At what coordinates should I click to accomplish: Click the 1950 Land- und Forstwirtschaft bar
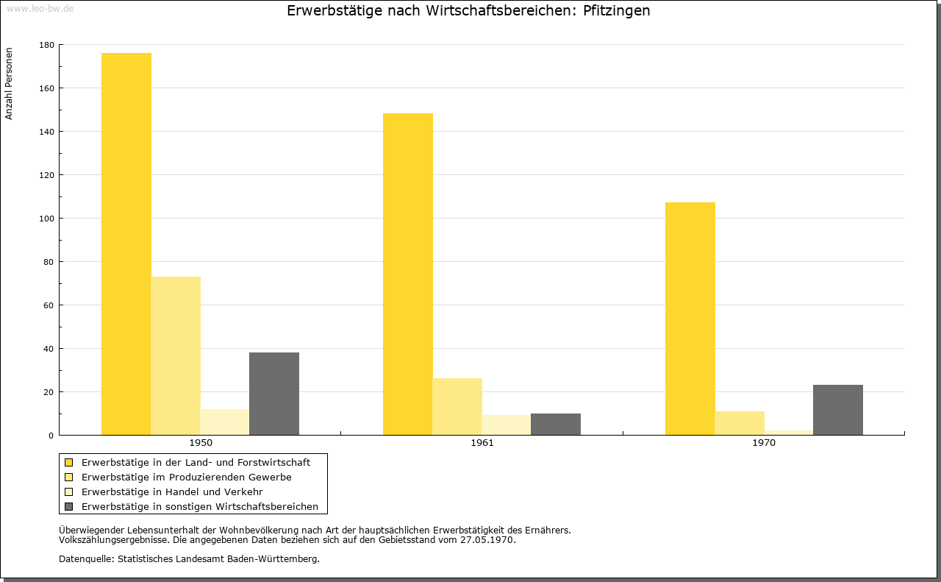pyautogui.click(x=126, y=244)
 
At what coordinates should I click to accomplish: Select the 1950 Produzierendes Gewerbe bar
pyautogui.click(x=176, y=356)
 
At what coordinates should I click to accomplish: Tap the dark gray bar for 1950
pyautogui.click(x=274, y=394)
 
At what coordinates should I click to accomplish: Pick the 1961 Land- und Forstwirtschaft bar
pyautogui.click(x=407, y=274)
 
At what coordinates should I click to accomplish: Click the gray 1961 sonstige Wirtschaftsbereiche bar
pyautogui.click(x=555, y=425)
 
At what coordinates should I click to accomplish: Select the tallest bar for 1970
pyautogui.click(x=690, y=319)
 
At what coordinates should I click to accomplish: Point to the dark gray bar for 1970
pyautogui.click(x=837, y=410)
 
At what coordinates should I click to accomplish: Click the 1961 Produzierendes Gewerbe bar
pyautogui.click(x=457, y=407)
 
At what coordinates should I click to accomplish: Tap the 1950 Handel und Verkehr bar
pyautogui.click(x=225, y=422)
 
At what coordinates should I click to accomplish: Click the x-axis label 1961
pyautogui.click(x=482, y=443)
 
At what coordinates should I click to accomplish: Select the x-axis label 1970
pyautogui.click(x=763, y=443)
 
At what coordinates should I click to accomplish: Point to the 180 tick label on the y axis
pyautogui.click(x=46, y=45)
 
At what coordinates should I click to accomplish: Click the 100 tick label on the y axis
pyautogui.click(x=46, y=219)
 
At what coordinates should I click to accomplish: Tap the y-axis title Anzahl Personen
pyautogui.click(x=9, y=84)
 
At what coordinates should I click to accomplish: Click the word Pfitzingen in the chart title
pyautogui.click(x=616, y=10)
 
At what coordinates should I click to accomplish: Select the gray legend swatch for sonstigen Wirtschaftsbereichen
pyautogui.click(x=69, y=507)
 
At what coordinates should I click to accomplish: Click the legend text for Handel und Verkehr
pyautogui.click(x=172, y=492)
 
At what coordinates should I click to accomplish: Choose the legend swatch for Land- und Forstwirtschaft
pyautogui.click(x=69, y=463)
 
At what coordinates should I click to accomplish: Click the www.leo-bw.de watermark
pyautogui.click(x=40, y=8)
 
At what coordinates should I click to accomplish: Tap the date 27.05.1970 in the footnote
pyautogui.click(x=487, y=540)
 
